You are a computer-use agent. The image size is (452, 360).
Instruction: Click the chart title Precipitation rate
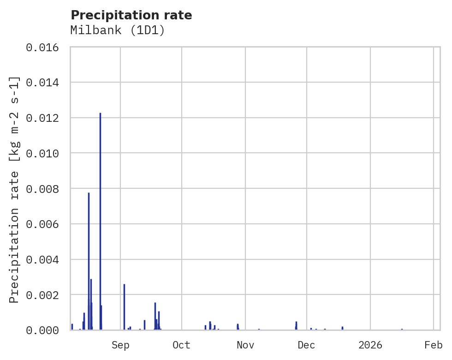pyautogui.click(x=131, y=15)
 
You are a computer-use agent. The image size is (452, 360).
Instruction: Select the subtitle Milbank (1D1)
pyautogui.click(x=118, y=30)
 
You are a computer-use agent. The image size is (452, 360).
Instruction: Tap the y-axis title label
pyautogui.click(x=14, y=189)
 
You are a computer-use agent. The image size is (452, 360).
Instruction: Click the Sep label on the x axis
pyautogui.click(x=120, y=345)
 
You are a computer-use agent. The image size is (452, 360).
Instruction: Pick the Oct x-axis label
pyautogui.click(x=182, y=345)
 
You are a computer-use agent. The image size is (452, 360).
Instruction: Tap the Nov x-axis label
pyautogui.click(x=245, y=345)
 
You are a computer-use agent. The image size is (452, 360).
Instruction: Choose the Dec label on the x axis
pyautogui.click(x=307, y=345)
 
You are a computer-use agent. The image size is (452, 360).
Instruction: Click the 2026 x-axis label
pyautogui.click(x=370, y=345)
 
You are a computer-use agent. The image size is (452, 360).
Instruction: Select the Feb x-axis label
pyautogui.click(x=434, y=345)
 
